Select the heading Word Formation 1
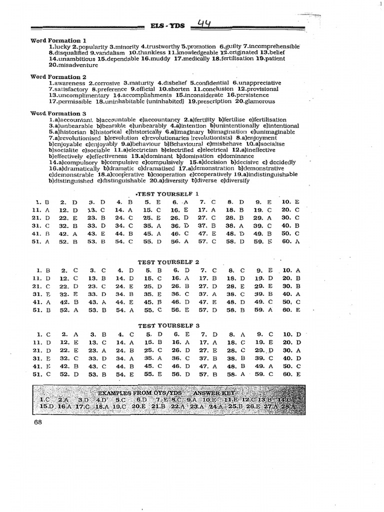tap(58, 40)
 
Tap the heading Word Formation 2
tap(58, 77)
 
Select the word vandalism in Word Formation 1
tap(109, 52)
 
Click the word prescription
tap(208, 101)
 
